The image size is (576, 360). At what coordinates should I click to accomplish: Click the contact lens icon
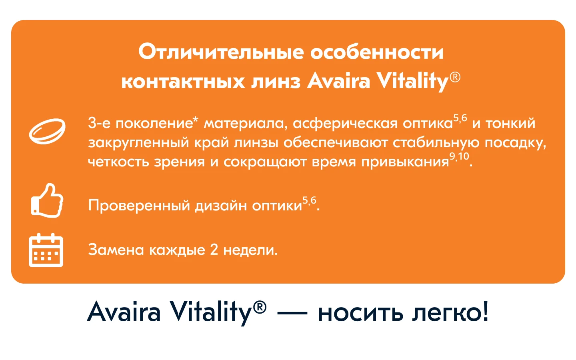pos(47,131)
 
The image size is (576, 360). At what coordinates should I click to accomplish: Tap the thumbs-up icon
pos(47,200)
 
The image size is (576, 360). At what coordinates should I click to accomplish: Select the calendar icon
pos(46,250)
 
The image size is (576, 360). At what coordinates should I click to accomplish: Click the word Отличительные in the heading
pos(221,52)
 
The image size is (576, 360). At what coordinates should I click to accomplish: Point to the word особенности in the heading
pos(377,52)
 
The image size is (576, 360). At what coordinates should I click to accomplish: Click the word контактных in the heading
pos(183,82)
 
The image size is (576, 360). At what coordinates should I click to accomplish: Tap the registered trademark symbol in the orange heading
pos(455,78)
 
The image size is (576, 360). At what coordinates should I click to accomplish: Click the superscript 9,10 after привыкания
pos(459,156)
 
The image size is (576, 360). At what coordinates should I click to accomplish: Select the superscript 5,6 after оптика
pos(460,118)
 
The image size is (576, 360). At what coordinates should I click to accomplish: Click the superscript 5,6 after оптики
pos(309,200)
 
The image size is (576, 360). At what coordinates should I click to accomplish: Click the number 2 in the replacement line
pos(214,250)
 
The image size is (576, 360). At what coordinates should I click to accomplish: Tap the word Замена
pos(116,250)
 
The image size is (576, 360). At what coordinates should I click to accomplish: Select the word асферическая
pos(345,124)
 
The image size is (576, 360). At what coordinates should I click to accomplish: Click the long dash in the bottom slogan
pos(292,313)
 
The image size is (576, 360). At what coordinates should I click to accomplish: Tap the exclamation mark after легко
pos(485,311)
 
